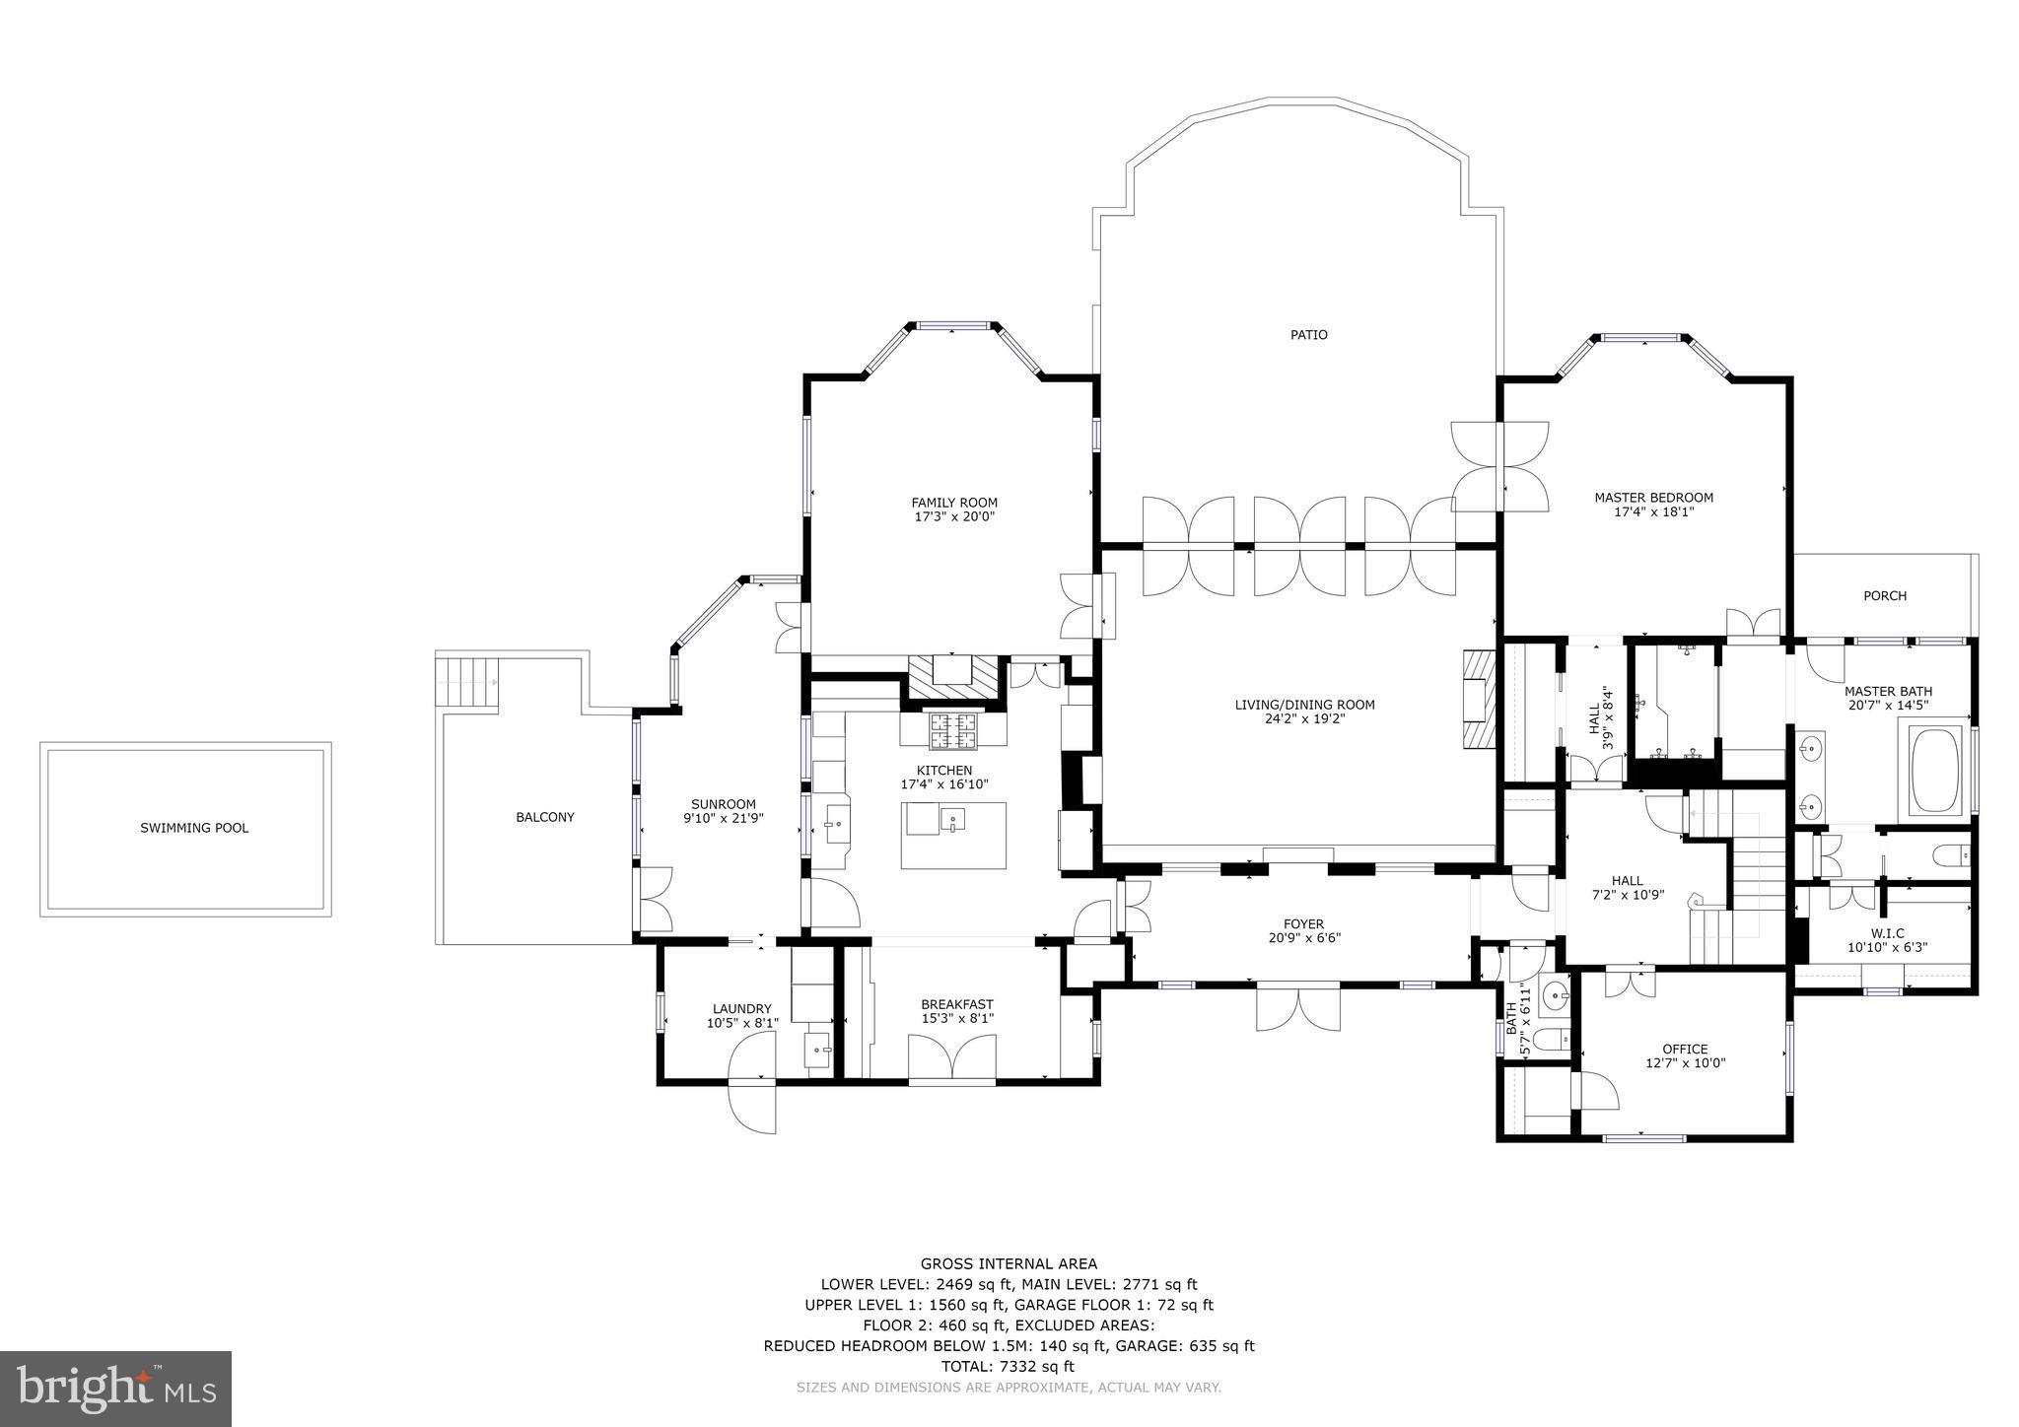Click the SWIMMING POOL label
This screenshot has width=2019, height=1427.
(194, 828)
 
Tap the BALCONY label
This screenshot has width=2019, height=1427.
(544, 817)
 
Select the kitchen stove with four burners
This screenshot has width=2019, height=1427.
(953, 730)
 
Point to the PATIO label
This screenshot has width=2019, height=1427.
(1308, 335)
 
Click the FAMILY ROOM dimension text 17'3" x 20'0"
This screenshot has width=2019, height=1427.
(953, 516)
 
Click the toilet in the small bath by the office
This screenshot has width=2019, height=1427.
(1551, 1039)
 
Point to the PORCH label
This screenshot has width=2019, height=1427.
(1884, 596)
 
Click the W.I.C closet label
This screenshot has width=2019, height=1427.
(1887, 933)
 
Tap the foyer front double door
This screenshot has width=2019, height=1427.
(1298, 1006)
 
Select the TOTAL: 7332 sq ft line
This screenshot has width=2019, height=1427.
(1009, 1366)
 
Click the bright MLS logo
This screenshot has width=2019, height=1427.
(115, 1389)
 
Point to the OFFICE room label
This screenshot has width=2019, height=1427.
(1685, 1049)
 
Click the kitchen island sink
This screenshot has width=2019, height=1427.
(952, 820)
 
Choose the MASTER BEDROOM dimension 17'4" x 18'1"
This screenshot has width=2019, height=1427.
(1653, 512)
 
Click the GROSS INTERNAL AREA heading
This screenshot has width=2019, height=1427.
(1009, 1263)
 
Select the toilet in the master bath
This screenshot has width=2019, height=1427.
(1948, 855)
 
